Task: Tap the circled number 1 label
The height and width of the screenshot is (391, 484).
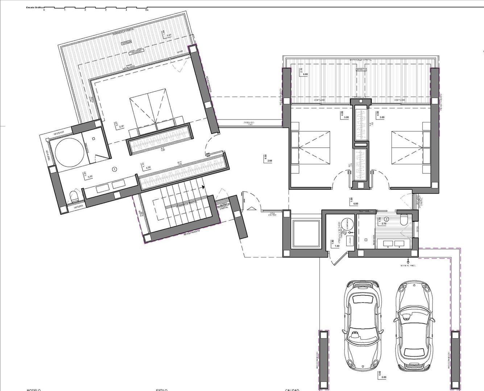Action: pos(115,169)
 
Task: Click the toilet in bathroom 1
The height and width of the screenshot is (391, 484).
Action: pos(74,197)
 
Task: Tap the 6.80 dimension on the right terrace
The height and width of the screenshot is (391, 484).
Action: pos(305,74)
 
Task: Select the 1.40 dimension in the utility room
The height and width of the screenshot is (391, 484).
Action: pos(337,246)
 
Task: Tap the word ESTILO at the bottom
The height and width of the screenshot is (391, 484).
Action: pos(161,390)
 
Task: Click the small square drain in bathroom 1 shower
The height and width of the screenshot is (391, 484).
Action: pos(94,139)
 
